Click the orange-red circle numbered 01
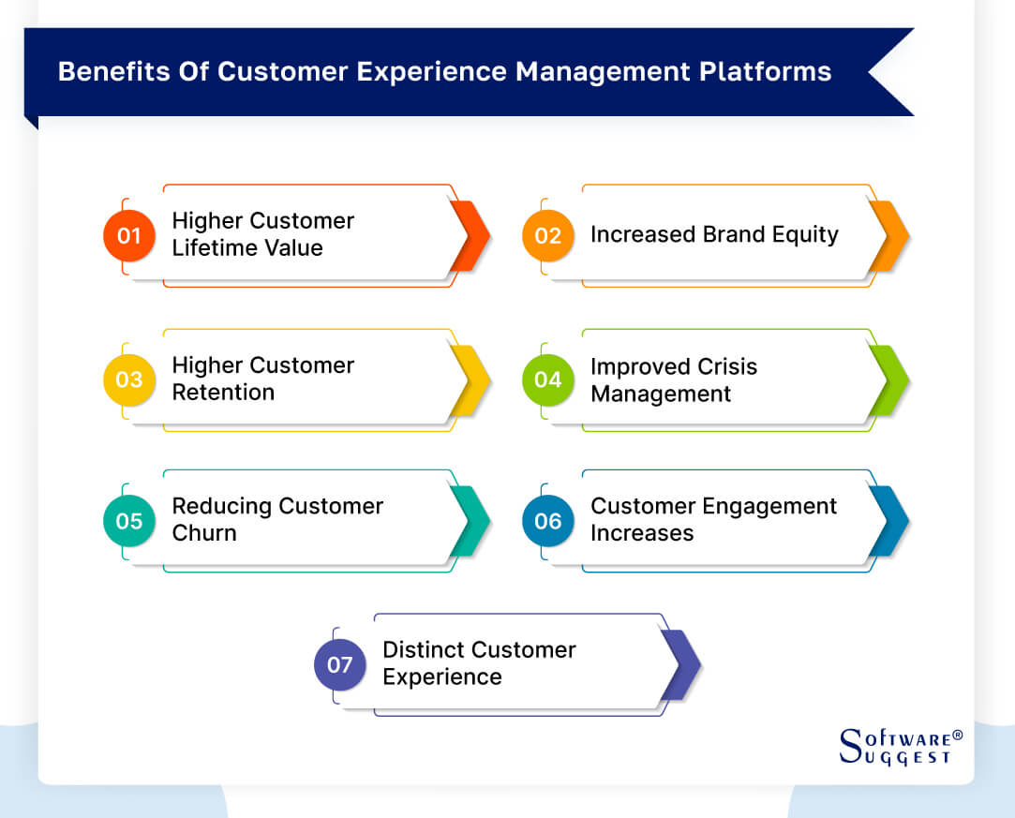[x=128, y=235]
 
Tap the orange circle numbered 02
[x=547, y=235]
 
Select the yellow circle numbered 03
[x=128, y=379]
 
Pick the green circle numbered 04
[x=547, y=379]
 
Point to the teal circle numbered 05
[x=128, y=520]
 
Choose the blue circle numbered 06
[x=547, y=520]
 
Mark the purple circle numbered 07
[x=339, y=664]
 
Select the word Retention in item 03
[x=223, y=393]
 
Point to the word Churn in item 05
[x=204, y=533]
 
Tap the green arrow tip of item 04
[x=892, y=379]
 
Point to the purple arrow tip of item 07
[x=684, y=664]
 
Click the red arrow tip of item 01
[x=473, y=235]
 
